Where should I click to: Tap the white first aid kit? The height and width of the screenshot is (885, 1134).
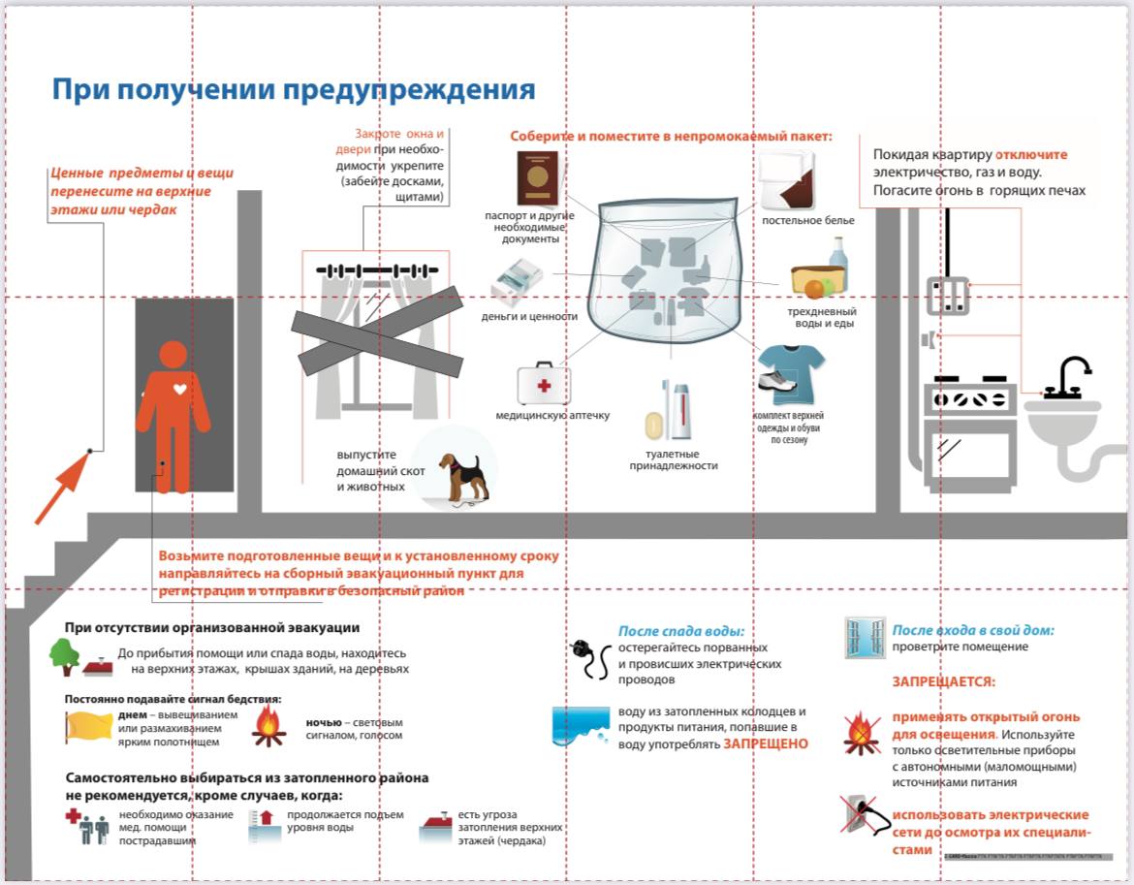coord(543,384)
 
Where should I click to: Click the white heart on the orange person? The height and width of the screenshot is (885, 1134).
coord(173,386)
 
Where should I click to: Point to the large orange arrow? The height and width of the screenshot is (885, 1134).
coord(62,489)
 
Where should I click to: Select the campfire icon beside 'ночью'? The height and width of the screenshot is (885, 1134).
coord(268,726)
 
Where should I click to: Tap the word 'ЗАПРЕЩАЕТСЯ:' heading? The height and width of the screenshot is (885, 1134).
coord(943,681)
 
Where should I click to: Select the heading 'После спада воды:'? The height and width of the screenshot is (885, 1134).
coord(687,631)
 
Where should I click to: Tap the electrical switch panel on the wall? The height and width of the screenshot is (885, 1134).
coord(947,296)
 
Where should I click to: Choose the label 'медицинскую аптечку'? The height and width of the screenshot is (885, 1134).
coord(552,416)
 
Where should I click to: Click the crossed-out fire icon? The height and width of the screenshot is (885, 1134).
coord(861,733)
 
